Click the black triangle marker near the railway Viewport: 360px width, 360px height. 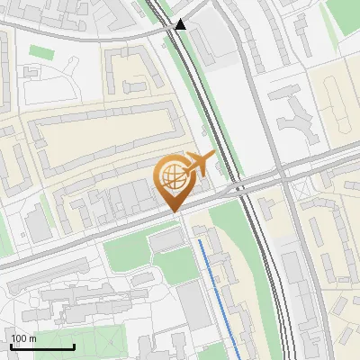[x=181, y=25]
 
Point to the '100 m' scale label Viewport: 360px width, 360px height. [x=24, y=337]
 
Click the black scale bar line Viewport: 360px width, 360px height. [x=42, y=347]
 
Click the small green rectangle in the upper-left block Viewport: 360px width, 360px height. [x=40, y=51]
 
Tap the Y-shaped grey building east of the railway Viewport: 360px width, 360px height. [x=296, y=118]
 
